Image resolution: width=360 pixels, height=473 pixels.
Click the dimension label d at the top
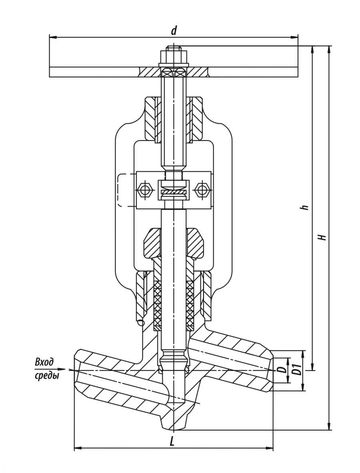coord(174,30)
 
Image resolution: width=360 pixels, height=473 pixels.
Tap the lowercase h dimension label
coord(306,207)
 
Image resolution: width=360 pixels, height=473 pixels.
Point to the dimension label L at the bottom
coord(172,441)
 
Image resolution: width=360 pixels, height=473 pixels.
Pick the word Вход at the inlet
coord(44,362)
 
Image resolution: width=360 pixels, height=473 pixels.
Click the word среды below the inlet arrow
coord(46,376)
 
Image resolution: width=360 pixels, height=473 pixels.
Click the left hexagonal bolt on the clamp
coord(144,190)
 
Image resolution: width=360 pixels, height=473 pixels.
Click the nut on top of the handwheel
coord(174,56)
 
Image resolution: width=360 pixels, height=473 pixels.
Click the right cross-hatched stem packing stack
coord(190,301)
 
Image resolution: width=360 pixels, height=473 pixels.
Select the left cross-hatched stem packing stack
coord(157,301)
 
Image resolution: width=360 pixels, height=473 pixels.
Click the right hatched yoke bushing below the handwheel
coord(197,118)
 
